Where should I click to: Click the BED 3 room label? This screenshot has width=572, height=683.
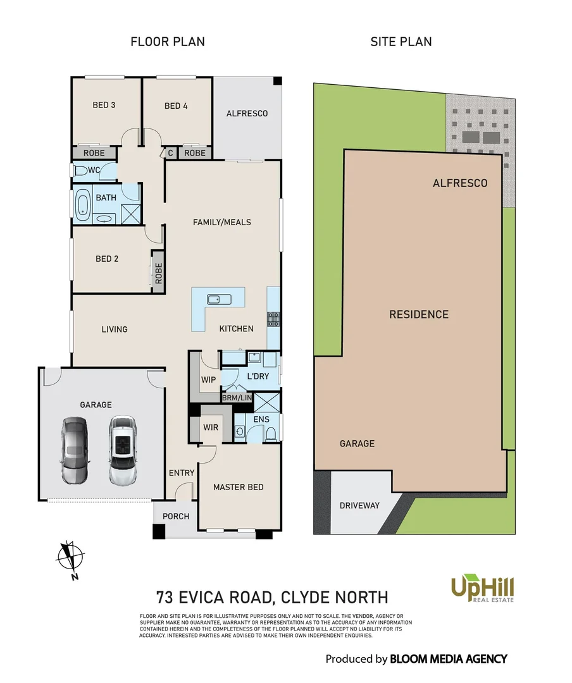(x=104, y=105)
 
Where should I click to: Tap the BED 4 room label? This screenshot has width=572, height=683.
(x=176, y=106)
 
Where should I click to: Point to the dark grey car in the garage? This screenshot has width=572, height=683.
(x=75, y=450)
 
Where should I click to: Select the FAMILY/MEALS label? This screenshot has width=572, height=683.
(x=221, y=222)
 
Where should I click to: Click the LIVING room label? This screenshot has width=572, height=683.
(x=115, y=329)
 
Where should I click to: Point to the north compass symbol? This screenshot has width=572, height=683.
(x=71, y=557)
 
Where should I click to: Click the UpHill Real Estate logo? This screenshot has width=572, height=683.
(x=482, y=589)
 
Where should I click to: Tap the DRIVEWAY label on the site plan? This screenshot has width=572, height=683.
(x=359, y=505)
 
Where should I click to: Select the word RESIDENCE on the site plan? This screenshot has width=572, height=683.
(x=418, y=314)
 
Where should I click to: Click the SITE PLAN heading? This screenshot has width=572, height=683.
(x=401, y=42)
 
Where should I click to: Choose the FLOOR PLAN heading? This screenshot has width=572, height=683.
(x=168, y=42)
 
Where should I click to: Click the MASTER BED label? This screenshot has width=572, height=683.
(x=238, y=487)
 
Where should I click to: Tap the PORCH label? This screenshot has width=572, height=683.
(x=176, y=516)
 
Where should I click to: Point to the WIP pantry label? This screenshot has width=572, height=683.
(x=208, y=379)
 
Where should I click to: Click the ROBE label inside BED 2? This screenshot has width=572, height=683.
(x=158, y=272)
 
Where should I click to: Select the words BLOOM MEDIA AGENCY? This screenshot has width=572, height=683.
(x=448, y=659)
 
